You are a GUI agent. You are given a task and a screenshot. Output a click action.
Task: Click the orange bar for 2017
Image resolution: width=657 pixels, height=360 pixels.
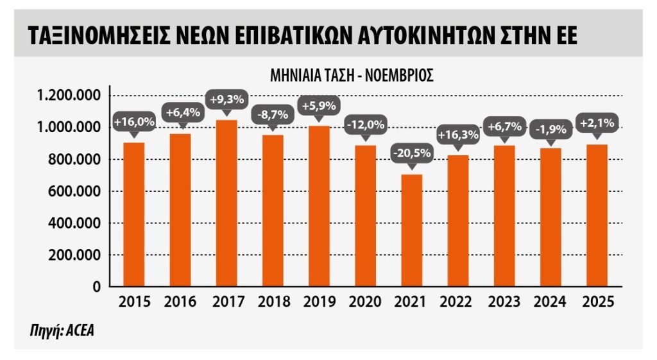click(226, 203)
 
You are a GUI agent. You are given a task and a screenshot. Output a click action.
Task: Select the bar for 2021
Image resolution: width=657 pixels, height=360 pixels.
click(412, 230)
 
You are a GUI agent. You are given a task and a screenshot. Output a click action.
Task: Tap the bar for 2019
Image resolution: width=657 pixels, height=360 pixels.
click(320, 206)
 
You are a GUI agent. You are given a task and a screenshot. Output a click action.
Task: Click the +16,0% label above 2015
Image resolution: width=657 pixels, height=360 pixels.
click(134, 121)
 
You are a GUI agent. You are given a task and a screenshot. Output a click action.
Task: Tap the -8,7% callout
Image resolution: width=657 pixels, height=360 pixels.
click(273, 114)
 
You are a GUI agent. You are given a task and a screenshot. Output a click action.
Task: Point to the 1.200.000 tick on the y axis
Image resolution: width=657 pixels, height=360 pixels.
click(69, 96)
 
